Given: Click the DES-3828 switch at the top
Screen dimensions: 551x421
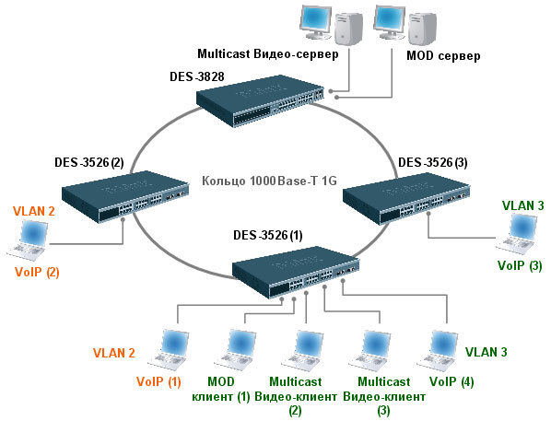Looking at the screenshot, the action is point(260,100).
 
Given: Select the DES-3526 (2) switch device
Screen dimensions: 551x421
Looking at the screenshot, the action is point(125,197).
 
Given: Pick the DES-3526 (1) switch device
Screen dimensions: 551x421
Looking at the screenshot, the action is point(296,272).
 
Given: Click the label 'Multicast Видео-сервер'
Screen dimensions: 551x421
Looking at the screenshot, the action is point(268,54).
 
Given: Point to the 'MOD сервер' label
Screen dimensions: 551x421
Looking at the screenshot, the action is point(443,55).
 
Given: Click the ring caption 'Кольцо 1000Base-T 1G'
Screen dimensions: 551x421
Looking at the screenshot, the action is point(270,181).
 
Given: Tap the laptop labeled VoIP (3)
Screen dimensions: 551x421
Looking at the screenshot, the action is point(517,234).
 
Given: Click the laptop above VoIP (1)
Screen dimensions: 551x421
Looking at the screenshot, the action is point(169,350).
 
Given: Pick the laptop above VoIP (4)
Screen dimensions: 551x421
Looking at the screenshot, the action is point(438,350).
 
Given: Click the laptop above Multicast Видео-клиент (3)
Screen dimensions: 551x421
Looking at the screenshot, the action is point(369,350).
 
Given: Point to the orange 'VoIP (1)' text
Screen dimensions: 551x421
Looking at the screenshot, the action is point(158,381).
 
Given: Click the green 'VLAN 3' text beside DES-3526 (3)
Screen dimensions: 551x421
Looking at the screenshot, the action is point(522,205).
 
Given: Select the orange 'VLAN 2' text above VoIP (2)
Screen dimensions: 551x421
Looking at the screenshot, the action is point(34,211).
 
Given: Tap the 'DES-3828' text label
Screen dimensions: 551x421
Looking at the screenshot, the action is point(197,76).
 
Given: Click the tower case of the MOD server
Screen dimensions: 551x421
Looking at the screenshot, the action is point(422,29).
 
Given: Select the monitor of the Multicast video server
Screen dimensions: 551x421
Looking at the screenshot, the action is point(315,22).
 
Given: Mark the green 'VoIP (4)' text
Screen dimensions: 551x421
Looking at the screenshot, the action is point(451,381).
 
